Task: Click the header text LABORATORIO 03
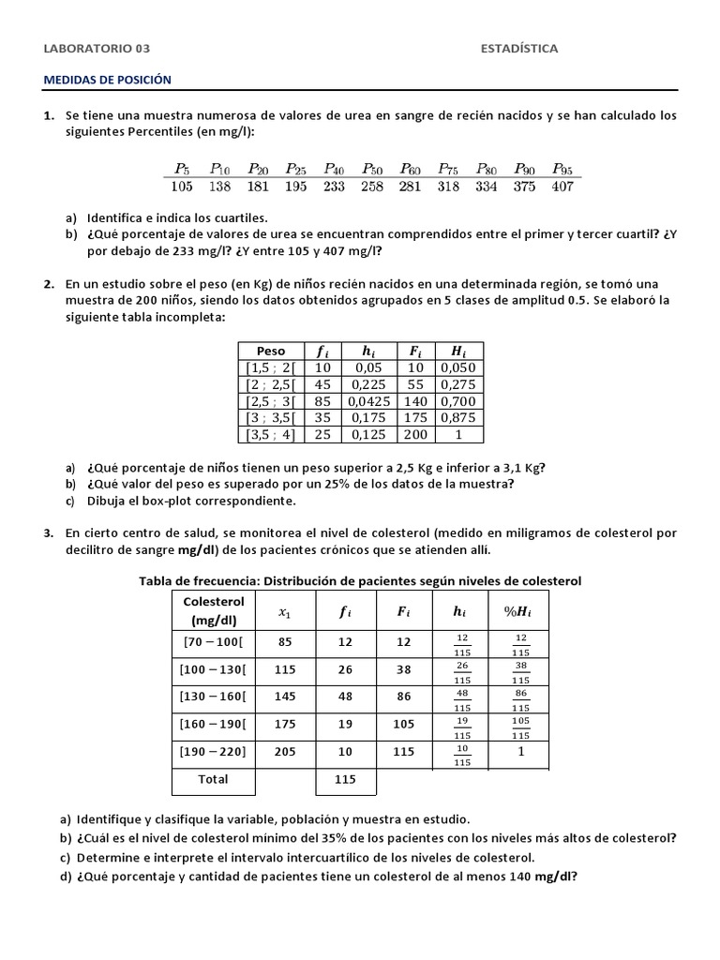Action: (97, 49)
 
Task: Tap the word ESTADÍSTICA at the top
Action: (518, 49)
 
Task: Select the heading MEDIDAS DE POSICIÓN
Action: (108, 81)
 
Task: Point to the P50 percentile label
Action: (372, 169)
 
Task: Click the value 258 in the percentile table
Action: (372, 187)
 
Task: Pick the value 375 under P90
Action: (525, 187)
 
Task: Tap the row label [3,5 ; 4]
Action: (269, 435)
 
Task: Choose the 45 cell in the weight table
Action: (323, 384)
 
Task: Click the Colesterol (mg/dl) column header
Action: (214, 610)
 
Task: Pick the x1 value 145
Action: (285, 697)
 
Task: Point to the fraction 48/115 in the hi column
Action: (460, 697)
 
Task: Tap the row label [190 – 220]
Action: (214, 751)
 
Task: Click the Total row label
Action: (214, 779)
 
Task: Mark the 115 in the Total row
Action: (346, 779)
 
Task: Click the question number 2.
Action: (48, 283)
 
